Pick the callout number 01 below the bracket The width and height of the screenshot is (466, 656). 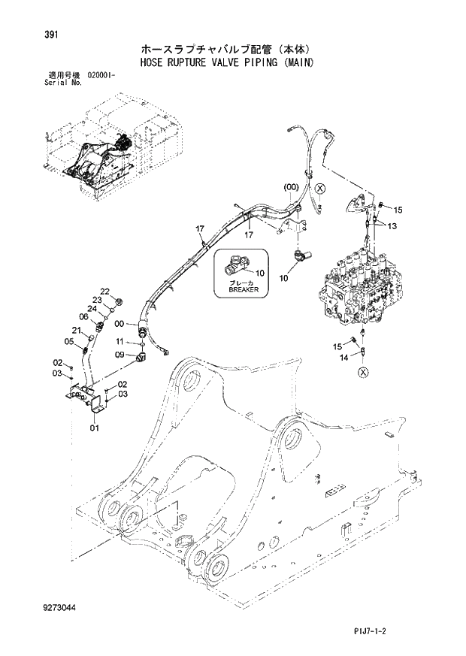(x=94, y=428)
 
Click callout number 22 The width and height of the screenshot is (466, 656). (x=104, y=292)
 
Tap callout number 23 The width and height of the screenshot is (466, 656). (x=98, y=300)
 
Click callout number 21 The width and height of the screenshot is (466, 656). (x=77, y=331)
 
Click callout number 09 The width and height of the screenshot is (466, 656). (x=120, y=354)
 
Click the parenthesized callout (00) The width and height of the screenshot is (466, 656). (x=291, y=186)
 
